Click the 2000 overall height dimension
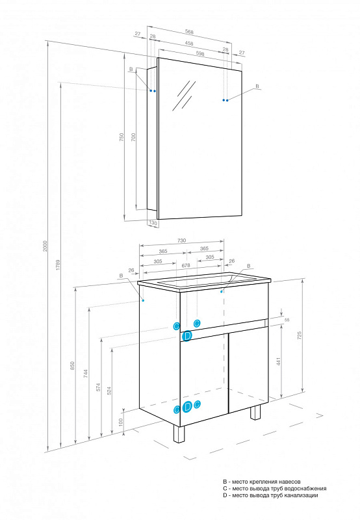point(45,246)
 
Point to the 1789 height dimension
point(58,265)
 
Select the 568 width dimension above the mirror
point(189,32)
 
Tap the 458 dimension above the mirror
point(189,43)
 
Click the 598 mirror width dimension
point(200,53)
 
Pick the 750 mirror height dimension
point(122,137)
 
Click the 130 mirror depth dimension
point(153,223)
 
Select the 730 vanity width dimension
point(182,240)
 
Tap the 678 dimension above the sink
point(186,265)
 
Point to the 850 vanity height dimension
point(73,365)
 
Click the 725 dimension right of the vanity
point(300,335)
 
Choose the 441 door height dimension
point(279,361)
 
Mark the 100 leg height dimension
point(121,422)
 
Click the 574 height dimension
point(98,387)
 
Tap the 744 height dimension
point(86,374)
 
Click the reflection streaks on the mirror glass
point(184,96)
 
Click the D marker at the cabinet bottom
point(187,406)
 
